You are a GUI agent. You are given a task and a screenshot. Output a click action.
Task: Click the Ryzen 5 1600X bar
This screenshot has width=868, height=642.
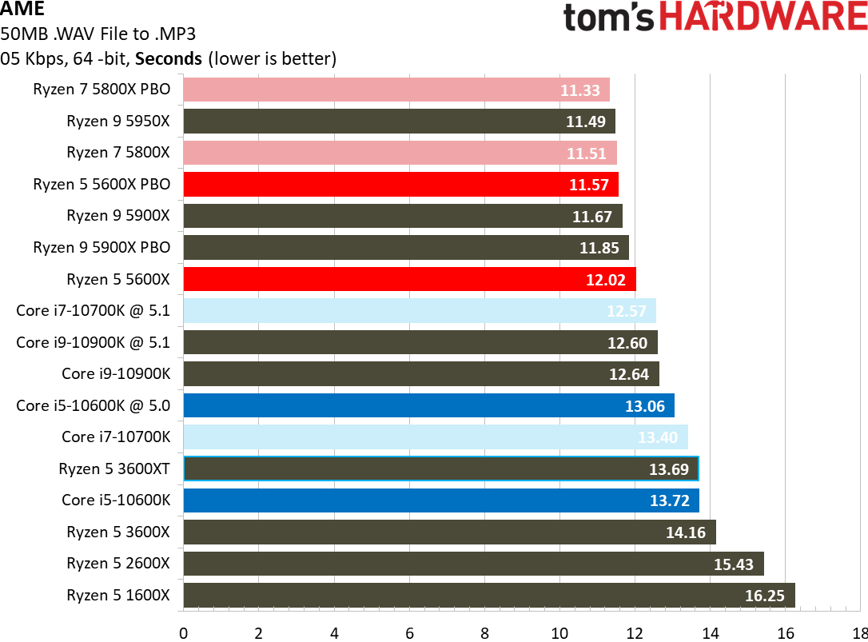tap(488, 596)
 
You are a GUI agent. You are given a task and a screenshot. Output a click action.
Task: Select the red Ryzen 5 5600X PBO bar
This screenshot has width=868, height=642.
tap(400, 185)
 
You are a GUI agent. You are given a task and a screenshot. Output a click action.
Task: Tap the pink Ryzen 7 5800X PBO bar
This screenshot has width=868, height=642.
tap(396, 90)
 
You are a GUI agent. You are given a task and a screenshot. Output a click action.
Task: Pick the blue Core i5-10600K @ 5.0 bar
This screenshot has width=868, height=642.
tap(428, 405)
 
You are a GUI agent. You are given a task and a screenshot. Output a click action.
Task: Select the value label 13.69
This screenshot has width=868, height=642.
tap(669, 469)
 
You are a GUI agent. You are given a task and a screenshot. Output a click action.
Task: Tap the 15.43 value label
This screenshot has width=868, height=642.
tap(734, 564)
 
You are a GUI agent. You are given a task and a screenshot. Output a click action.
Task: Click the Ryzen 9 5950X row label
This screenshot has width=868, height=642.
tap(118, 122)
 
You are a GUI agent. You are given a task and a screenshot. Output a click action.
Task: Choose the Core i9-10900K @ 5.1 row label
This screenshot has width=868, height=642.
tap(94, 342)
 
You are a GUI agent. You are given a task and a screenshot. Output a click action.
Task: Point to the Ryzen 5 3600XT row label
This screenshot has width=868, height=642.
tap(114, 469)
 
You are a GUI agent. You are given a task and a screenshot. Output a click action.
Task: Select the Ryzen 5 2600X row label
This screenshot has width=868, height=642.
tap(118, 564)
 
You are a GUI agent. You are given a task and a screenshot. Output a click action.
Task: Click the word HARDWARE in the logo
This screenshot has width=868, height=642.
tap(774, 18)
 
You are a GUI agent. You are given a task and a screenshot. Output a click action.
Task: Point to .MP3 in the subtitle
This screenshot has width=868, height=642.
tap(170, 34)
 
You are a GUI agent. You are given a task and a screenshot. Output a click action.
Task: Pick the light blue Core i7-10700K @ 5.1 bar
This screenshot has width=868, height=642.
tap(420, 311)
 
